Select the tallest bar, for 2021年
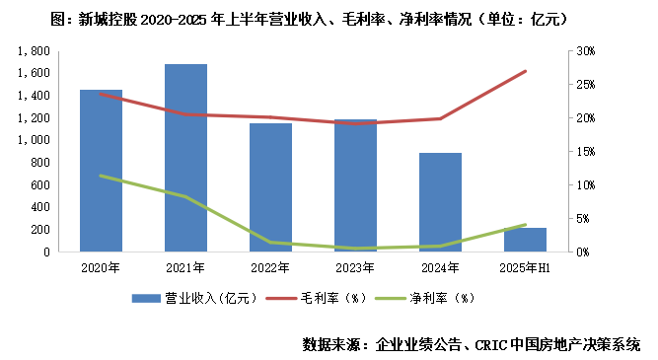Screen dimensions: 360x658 [185, 158]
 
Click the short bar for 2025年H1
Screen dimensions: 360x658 [525, 240]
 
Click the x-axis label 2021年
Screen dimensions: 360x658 [185, 267]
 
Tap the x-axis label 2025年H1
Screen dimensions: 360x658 [525, 267]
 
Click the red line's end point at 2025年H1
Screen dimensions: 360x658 [525, 71]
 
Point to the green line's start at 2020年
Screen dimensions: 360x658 [101, 176]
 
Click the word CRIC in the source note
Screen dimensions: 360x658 [492, 344]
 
